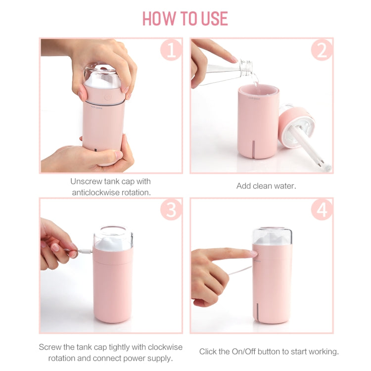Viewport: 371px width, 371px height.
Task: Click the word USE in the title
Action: coord(214,18)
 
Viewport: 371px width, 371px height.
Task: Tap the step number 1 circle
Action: coord(171,50)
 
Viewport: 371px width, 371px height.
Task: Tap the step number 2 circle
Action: coord(322,50)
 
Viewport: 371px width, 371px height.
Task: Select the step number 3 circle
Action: coord(171,210)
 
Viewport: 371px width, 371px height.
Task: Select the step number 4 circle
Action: coord(322,210)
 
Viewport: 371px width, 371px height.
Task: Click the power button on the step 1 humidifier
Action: coord(108,97)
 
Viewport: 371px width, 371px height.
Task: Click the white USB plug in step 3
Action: coord(86,251)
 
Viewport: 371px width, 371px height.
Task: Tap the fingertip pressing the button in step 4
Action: coord(253,254)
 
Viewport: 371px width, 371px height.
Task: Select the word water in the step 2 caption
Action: coord(283,186)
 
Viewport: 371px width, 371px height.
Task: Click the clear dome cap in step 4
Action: coord(272,236)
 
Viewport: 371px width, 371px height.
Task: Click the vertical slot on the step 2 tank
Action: coord(254,148)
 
